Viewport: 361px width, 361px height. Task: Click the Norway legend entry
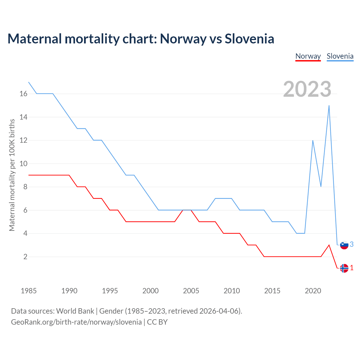click(308, 56)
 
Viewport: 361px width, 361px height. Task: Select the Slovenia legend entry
click(340, 56)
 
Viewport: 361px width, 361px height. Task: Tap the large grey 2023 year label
click(307, 89)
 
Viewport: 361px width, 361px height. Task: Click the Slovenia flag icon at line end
click(344, 245)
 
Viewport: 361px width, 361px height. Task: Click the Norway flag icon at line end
click(344, 268)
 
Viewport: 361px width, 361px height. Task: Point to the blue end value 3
click(351, 244)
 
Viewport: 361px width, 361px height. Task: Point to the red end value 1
click(351, 268)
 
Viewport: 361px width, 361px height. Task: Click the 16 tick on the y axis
click(23, 94)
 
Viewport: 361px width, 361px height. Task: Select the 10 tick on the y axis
click(23, 164)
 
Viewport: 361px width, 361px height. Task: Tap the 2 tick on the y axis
click(25, 257)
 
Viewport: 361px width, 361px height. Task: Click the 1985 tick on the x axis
click(29, 291)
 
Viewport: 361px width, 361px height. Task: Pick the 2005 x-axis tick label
click(191, 291)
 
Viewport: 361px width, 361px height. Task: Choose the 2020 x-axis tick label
click(313, 291)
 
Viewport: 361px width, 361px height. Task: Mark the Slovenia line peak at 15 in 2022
click(329, 106)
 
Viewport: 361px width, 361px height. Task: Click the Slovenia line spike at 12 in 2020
click(313, 140)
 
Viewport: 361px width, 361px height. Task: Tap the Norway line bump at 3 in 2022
click(329, 245)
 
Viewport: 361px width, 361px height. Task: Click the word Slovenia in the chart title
click(249, 39)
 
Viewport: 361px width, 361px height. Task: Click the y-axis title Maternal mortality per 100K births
click(12, 175)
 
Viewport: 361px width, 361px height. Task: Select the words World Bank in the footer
click(75, 311)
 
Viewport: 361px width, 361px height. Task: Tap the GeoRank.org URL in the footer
click(76, 322)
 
